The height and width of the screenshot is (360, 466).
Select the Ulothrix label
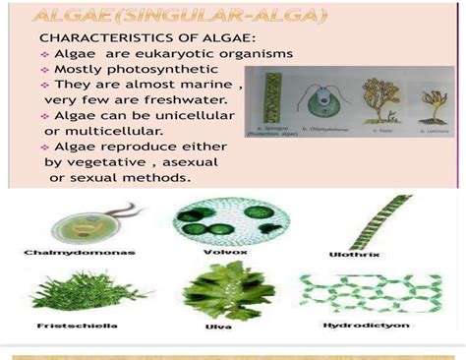[348, 254]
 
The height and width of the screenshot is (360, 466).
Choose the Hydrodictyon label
[356, 325]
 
